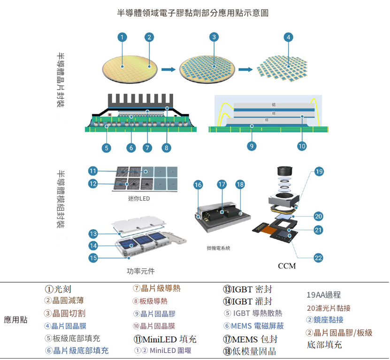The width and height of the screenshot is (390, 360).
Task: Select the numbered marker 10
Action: click(302, 146)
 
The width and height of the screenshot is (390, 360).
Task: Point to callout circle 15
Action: click(93, 257)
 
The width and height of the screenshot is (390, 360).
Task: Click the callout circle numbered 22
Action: click(319, 257)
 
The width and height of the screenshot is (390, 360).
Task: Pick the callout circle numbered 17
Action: click(222, 185)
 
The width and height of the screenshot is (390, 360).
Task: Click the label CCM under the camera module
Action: click(287, 266)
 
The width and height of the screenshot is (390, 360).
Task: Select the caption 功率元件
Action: click(140, 271)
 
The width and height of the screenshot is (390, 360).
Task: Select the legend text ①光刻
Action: click(58, 289)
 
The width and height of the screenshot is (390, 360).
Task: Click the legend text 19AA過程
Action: click(323, 295)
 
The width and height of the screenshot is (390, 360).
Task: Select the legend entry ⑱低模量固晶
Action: click(249, 351)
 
